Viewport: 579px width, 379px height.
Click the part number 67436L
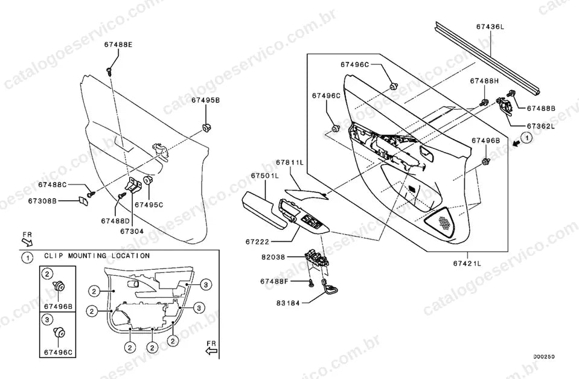pyautogui.click(x=490, y=27)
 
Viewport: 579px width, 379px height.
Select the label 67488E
pyautogui.click(x=118, y=44)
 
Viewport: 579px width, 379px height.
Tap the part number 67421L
pyautogui.click(x=467, y=263)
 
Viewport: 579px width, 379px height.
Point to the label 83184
pyautogui.click(x=288, y=303)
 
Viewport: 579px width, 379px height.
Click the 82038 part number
pyautogui.click(x=274, y=257)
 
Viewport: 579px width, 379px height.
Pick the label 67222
pyautogui.click(x=257, y=242)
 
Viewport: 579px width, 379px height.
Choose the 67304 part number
pyautogui.click(x=132, y=231)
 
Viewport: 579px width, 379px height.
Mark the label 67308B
pyautogui.click(x=42, y=201)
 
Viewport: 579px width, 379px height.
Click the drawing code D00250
pyautogui.click(x=543, y=357)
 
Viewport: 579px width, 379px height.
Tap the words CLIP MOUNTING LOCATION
pyautogui.click(x=97, y=255)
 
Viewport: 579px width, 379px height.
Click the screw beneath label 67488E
pyautogui.click(x=109, y=71)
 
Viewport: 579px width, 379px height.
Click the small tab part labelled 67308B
pyautogui.click(x=83, y=202)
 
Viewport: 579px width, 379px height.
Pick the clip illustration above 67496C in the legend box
pyautogui.click(x=59, y=332)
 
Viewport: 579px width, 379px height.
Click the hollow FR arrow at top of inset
pyautogui.click(x=27, y=242)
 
